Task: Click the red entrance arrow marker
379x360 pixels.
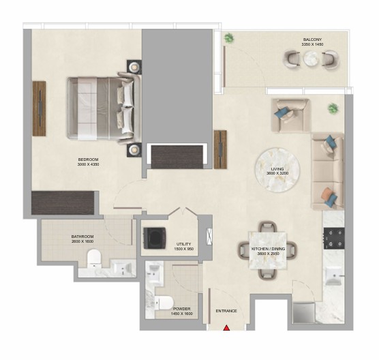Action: coord(226,327)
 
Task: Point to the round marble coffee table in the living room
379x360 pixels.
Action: coord(277,170)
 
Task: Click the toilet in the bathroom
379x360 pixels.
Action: coord(94,258)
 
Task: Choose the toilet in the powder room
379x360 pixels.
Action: coord(164,303)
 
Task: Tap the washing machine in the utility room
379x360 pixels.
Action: coord(155,238)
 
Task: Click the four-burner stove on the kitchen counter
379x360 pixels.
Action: coord(334,239)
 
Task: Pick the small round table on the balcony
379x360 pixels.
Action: coord(312,59)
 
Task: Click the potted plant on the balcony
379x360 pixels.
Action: coord(228,38)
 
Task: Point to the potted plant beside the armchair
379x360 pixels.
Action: coord(333,108)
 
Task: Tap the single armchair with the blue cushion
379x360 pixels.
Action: coord(290,115)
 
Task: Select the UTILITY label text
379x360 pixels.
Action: coord(183,244)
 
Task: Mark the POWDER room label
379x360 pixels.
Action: coord(182,309)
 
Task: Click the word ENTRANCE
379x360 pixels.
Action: coord(226,311)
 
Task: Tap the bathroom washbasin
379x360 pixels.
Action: coord(123,268)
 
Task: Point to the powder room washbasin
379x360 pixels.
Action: coord(154,274)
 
